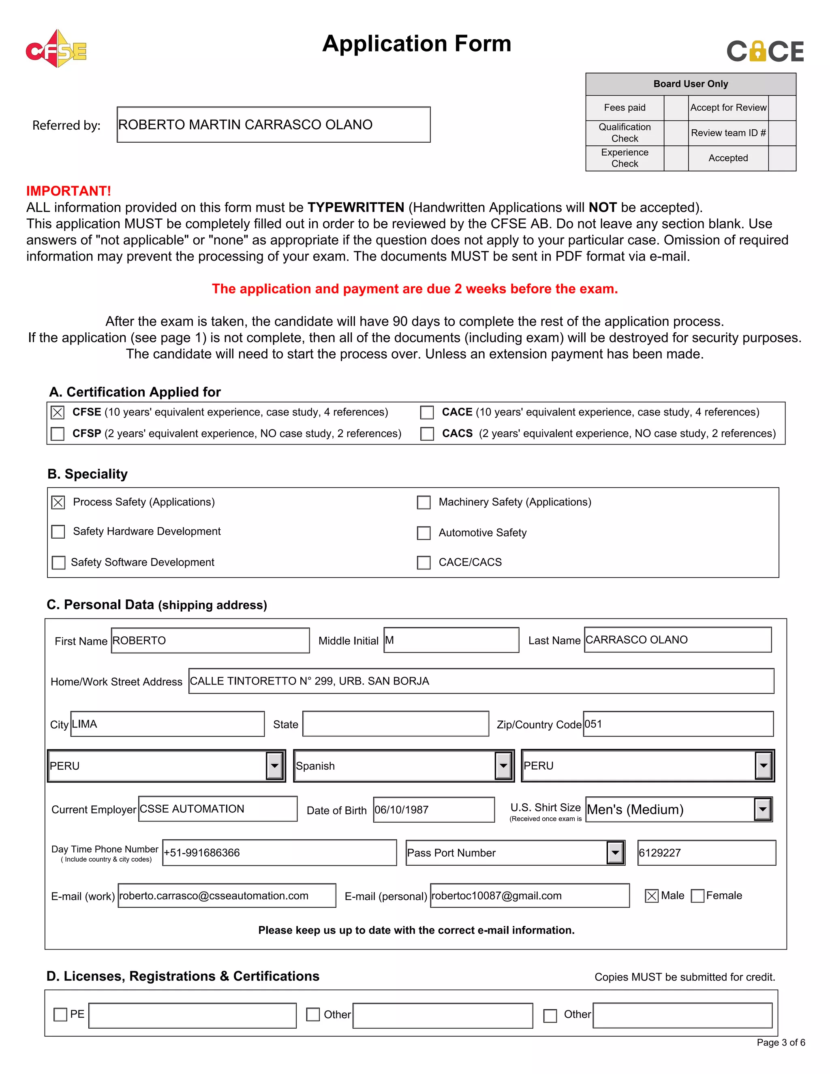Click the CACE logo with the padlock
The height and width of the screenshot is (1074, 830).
tap(765, 51)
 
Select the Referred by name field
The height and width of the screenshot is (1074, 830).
tap(274, 125)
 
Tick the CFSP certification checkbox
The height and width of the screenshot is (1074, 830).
tap(58, 434)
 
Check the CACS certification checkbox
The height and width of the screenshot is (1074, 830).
tap(427, 434)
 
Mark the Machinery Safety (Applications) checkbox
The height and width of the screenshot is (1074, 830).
tap(424, 502)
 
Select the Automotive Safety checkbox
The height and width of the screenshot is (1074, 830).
tap(424, 533)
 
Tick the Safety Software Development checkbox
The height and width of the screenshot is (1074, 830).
tap(58, 563)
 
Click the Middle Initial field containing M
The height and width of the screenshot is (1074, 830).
tap(451, 640)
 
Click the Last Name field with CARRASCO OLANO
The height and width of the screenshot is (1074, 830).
tap(677, 640)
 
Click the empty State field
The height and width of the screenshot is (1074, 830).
tap(395, 724)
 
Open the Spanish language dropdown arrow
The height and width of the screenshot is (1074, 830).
tap(503, 766)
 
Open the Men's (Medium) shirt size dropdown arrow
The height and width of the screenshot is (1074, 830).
tap(762, 809)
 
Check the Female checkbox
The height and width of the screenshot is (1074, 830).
tap(697, 896)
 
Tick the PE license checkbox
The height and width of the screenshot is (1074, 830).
tap(60, 1014)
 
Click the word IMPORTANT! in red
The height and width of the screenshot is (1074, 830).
tap(69, 191)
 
